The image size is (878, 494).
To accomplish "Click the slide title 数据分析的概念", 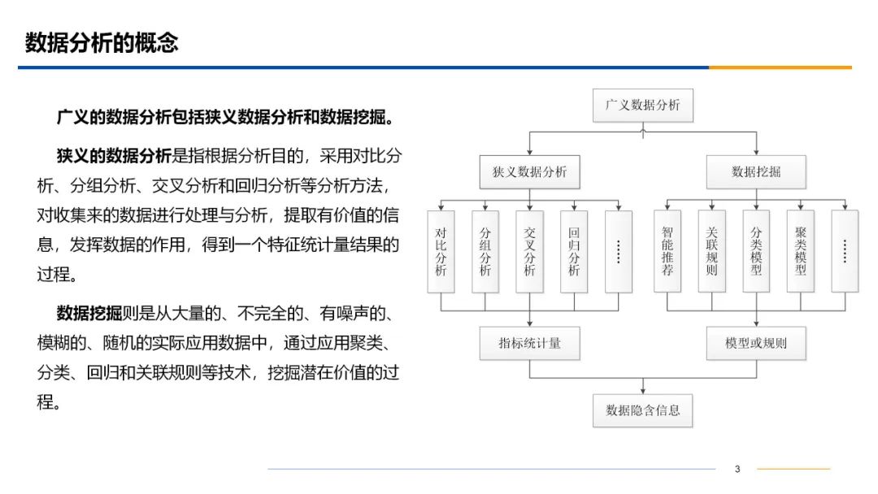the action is point(102,42).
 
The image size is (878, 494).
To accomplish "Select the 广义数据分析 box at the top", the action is point(642,106).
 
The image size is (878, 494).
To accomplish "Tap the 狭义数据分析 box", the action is point(529,171).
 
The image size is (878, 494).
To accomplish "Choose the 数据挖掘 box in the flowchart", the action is point(755,171).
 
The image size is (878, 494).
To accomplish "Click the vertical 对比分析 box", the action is point(441,251).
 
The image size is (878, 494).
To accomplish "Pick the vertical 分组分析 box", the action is point(485,251).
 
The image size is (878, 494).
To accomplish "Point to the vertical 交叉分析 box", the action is point(529,251).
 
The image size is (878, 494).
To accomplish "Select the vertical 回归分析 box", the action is point(574,251).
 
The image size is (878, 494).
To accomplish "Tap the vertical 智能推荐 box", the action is point(667,251).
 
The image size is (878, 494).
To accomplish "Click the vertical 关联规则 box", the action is point(711,251).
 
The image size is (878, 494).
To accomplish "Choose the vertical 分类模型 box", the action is point(756,251).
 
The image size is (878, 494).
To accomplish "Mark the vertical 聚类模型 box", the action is point(800,251).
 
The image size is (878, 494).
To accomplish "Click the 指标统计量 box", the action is point(529,343).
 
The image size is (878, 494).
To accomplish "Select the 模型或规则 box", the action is point(755,343).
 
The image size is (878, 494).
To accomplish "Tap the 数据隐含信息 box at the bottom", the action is point(642,410).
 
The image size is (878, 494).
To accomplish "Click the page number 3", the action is point(737,469).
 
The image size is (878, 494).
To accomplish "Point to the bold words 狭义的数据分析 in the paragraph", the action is point(114,156).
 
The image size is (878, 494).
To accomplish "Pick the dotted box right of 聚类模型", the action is point(845,251).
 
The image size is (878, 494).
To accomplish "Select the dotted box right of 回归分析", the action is point(618,251).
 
